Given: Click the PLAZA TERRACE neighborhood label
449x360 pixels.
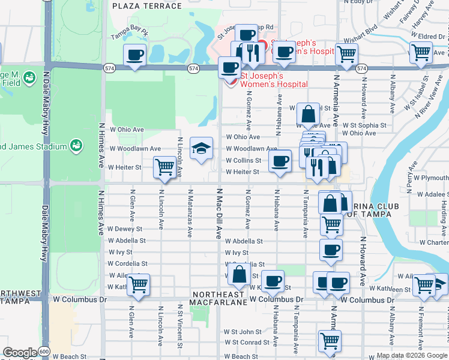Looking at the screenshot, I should tap(146, 6).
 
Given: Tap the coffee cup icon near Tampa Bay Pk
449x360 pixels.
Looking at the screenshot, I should tap(134, 56).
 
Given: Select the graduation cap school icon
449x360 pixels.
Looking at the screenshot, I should tap(202, 149).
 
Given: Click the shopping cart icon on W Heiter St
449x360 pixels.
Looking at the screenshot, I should tap(164, 167).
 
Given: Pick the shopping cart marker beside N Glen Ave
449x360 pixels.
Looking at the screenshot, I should tap(138, 284).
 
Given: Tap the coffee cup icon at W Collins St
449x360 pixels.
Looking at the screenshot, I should tap(279, 161).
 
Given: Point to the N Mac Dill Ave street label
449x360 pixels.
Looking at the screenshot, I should tap(220, 214).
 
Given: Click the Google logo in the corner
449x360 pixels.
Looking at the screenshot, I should tap(20, 353).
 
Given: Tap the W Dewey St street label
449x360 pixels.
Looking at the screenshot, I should tap(125, 229).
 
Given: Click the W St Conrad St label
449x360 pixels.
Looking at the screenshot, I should tap(243, 343).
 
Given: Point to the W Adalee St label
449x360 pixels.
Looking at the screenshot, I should tap(428, 195).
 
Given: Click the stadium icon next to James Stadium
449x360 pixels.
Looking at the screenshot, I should tap(76, 145).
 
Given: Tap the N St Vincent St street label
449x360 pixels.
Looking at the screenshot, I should tap(180, 329).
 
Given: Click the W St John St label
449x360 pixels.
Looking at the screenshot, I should tap(243, 332).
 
